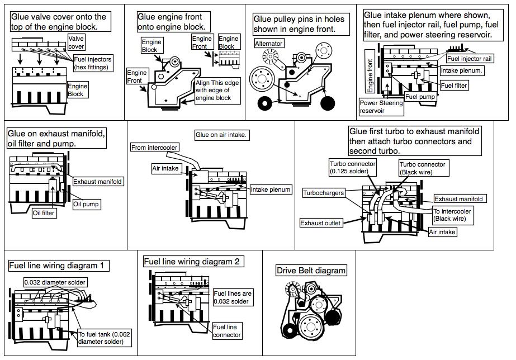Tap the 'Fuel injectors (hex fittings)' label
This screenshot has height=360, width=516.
point(92,63)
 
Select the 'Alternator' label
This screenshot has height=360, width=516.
point(268,43)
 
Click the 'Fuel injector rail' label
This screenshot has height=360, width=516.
point(470,58)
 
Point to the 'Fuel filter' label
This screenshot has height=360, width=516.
point(454,86)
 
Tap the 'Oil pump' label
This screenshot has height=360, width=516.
point(86,205)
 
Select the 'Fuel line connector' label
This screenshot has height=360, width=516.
point(227,331)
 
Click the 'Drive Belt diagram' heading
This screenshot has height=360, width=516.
point(311,271)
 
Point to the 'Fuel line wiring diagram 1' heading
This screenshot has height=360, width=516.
point(59,264)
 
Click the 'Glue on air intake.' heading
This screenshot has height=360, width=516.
point(221,135)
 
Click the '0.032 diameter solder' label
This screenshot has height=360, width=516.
point(54,281)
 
